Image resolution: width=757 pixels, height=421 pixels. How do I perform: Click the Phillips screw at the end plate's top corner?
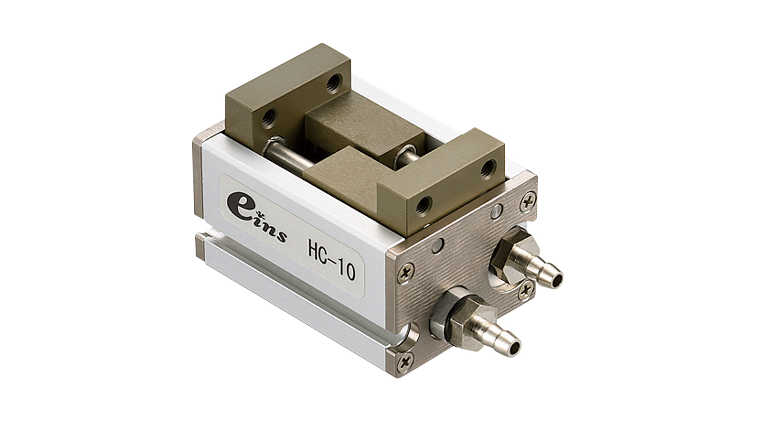pos(528,202)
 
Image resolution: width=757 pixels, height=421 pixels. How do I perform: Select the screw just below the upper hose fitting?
pos(526,290)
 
